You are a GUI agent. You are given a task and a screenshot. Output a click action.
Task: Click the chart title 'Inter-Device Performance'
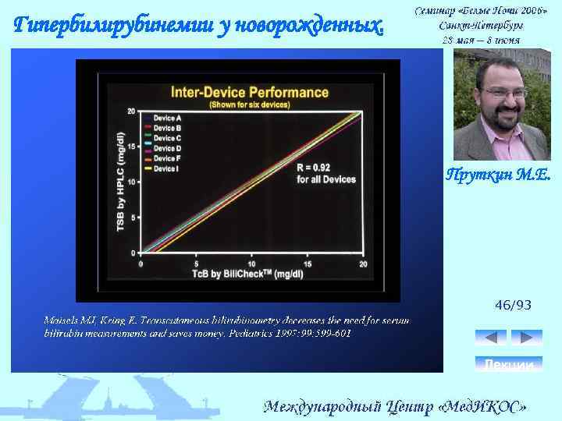point(250,91)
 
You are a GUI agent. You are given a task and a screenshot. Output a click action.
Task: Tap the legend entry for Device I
point(166,168)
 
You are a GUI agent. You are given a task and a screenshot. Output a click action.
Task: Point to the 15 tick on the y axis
point(133,146)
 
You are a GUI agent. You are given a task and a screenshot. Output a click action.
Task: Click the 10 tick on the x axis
point(252,264)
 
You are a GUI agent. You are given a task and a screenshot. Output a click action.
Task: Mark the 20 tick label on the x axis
point(363,264)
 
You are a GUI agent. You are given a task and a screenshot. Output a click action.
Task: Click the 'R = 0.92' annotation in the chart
point(313,168)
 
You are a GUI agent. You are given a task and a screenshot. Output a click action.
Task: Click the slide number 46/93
point(513,305)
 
